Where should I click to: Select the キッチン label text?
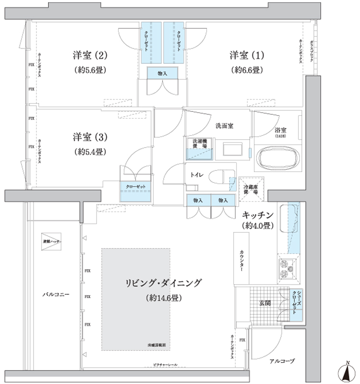click(257, 215)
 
